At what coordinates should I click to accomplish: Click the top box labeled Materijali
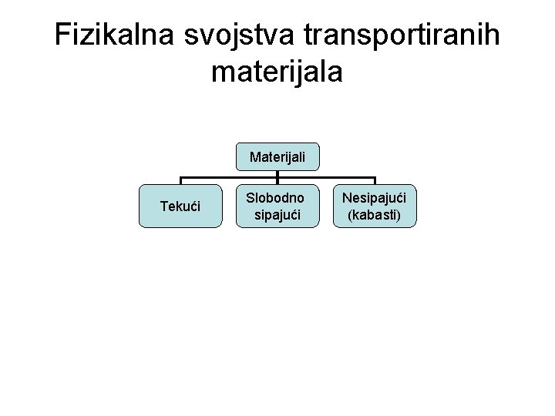[277, 157]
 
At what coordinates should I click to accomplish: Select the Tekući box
[180, 206]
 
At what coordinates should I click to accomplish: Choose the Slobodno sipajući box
[277, 206]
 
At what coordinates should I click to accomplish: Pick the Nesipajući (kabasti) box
[375, 206]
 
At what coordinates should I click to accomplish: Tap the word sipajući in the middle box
[277, 215]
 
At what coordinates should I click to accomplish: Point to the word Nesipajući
[375, 199]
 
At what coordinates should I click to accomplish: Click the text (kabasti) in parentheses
[375, 215]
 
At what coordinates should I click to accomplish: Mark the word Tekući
[180, 206]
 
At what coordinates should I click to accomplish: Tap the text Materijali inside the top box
[277, 157]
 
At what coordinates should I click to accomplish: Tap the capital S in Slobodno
[250, 199]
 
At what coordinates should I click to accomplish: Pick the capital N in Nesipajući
[346, 199]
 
